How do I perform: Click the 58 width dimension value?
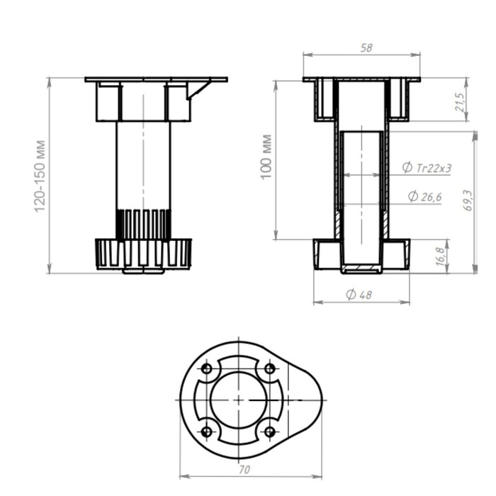pos(366,47)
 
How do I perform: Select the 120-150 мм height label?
pos(40,176)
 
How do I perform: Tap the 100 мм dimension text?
pos(266,157)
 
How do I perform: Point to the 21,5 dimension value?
pos(461,102)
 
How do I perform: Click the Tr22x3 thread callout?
pos(427,168)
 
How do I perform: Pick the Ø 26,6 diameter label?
pos(425,197)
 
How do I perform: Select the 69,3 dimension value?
pos(468,201)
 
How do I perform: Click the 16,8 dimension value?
pos(440,257)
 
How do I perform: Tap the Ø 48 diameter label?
pos(359,295)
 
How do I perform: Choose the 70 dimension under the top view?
pos(244,470)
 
